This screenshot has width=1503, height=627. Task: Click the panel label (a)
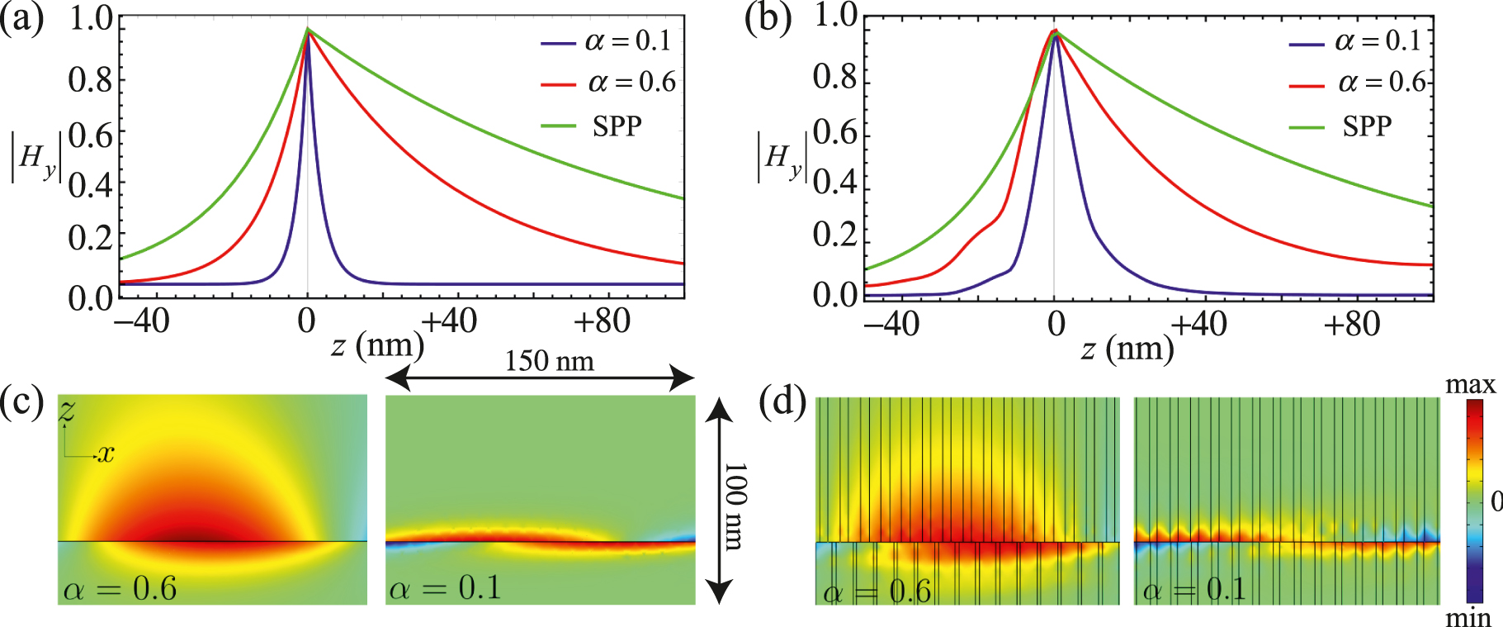(x=22, y=18)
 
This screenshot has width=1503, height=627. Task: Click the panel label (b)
(x=768, y=18)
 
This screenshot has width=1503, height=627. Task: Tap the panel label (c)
(x=22, y=402)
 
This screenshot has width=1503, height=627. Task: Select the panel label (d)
(x=782, y=402)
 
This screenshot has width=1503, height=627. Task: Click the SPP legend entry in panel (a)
(x=617, y=126)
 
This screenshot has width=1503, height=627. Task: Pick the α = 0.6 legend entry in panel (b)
(x=1382, y=83)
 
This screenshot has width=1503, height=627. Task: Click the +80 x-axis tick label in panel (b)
(x=1351, y=325)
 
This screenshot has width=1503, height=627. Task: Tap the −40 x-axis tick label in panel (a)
(x=142, y=321)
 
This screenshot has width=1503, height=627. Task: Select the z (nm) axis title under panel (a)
(x=377, y=346)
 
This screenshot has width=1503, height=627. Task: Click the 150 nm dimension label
(x=549, y=361)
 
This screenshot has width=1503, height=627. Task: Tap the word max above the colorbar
(x=1470, y=385)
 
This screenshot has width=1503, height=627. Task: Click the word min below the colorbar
(x=1468, y=617)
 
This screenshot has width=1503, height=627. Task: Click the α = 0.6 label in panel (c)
(x=120, y=588)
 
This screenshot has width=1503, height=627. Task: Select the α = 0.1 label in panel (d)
(x=1194, y=590)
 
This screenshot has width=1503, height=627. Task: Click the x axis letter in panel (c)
(x=106, y=454)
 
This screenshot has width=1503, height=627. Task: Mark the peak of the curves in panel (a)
(x=308, y=30)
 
